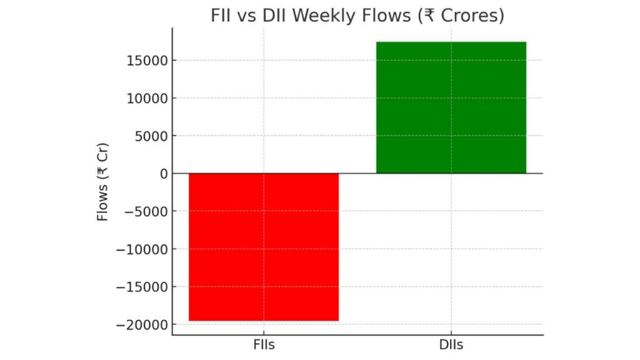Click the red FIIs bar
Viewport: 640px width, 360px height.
point(263,247)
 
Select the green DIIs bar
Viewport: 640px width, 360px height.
point(451,107)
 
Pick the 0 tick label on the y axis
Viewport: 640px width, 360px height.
point(163,174)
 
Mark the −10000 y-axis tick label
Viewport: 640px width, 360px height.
point(139,249)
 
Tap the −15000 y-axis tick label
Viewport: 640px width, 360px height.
point(139,287)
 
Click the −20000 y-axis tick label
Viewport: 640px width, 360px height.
point(139,325)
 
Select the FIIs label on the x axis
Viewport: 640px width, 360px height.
point(263,345)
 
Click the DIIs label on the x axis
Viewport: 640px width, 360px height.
point(451,345)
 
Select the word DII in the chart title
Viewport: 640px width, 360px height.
point(274,16)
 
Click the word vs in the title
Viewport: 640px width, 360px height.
point(249,16)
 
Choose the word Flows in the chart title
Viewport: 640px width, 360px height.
point(379,16)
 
